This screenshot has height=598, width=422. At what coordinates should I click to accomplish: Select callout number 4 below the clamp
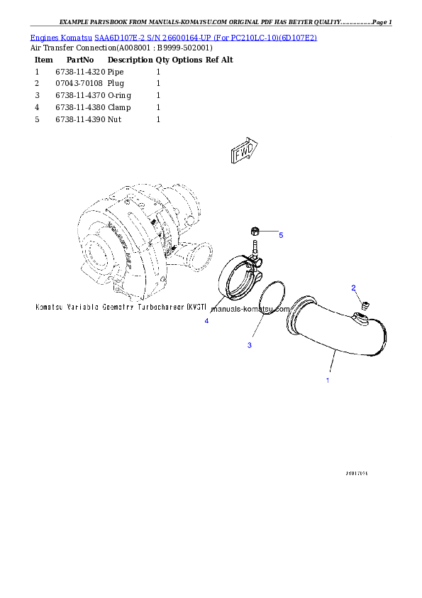206,321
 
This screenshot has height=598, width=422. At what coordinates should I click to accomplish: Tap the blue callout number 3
249,345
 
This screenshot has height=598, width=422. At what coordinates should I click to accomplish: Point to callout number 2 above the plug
353,288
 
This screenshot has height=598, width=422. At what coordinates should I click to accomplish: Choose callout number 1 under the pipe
327,380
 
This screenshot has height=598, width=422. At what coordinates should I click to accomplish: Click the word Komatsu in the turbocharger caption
50,308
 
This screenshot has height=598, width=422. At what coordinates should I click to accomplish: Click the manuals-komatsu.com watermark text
250,310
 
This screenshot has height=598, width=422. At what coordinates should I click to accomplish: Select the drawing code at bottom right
357,472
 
